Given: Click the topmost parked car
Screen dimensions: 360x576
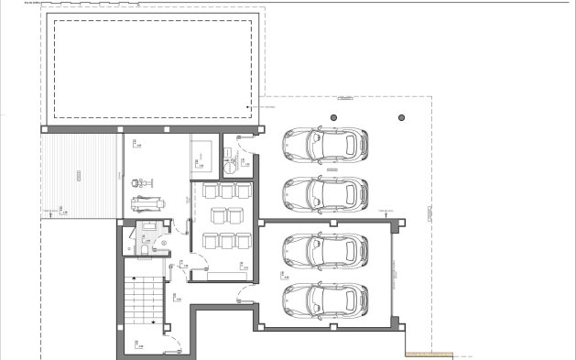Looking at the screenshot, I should pos(324,143).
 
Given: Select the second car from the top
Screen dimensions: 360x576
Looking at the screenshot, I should pos(324,192).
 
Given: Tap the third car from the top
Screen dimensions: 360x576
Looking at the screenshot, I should pos(324,249).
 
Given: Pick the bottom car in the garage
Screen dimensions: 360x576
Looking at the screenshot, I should pos(324,300).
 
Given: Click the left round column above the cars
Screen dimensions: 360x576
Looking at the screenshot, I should pos(333,117).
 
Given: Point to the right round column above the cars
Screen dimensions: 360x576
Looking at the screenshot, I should pos(400,117).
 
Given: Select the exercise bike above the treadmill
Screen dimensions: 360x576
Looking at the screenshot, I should pos(141,181).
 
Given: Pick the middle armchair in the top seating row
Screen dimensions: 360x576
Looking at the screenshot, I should pos(226,191).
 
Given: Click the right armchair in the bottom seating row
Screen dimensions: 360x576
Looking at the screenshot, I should pos(243,240).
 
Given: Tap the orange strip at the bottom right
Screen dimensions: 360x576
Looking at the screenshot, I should pos(429,355).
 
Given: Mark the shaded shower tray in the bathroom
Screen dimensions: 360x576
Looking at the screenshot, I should pos(147,225).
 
